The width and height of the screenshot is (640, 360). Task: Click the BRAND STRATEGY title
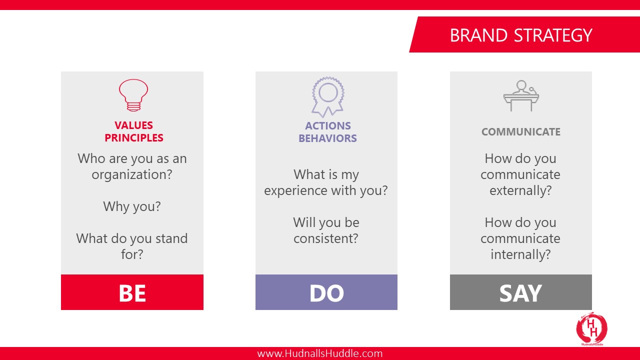pyautogui.click(x=521, y=35)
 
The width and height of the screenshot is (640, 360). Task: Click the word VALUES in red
pyautogui.click(x=133, y=125)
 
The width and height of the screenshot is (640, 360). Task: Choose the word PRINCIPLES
pyautogui.click(x=133, y=137)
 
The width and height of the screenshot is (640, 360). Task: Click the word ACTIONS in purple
pyautogui.click(x=327, y=125)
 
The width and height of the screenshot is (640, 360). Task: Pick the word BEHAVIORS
pyautogui.click(x=327, y=138)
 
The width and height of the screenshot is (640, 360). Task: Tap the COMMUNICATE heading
pyautogui.click(x=521, y=131)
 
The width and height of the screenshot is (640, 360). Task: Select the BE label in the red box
pyautogui.click(x=132, y=293)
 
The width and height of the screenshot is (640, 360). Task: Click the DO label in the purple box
pyautogui.click(x=326, y=293)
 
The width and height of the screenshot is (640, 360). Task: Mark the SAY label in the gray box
pyautogui.click(x=520, y=293)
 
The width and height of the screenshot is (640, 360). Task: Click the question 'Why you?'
pyautogui.click(x=132, y=206)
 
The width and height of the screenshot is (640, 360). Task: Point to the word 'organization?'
pyautogui.click(x=132, y=174)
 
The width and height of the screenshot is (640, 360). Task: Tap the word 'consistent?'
pyautogui.click(x=325, y=238)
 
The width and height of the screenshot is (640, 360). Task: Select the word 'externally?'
pyautogui.click(x=520, y=190)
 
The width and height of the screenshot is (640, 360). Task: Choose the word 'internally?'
pyautogui.click(x=520, y=254)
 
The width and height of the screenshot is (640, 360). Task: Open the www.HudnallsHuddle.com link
pyautogui.click(x=319, y=353)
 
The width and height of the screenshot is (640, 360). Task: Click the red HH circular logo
pyautogui.click(x=591, y=328)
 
